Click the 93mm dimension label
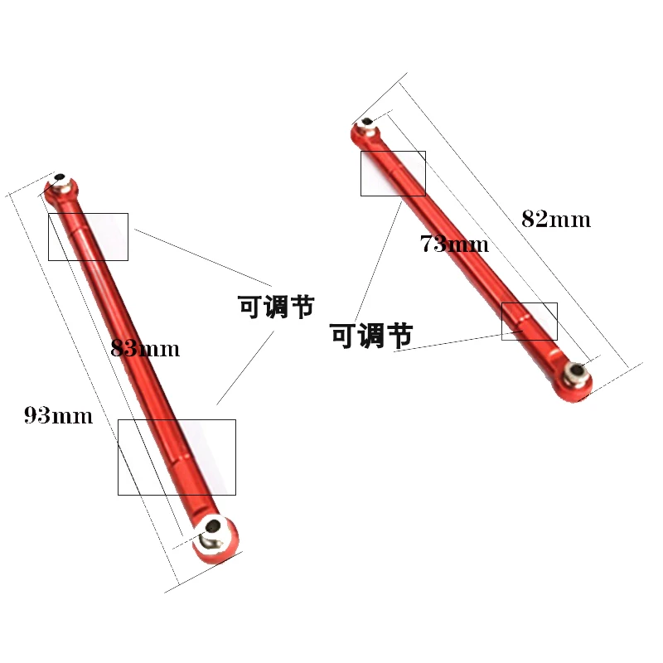point(58,415)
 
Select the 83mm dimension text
point(145,348)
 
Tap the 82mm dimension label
point(556,220)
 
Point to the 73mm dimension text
point(454,244)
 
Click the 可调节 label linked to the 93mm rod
point(277,307)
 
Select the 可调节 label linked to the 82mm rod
point(371,336)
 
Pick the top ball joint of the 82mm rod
point(365,128)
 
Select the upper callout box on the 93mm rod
point(88,236)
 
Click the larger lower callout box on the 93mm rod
point(177,457)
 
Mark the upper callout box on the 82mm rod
point(393,173)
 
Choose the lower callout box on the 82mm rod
point(530,321)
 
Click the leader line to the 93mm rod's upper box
point(203,254)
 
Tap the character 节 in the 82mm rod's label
point(399,336)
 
